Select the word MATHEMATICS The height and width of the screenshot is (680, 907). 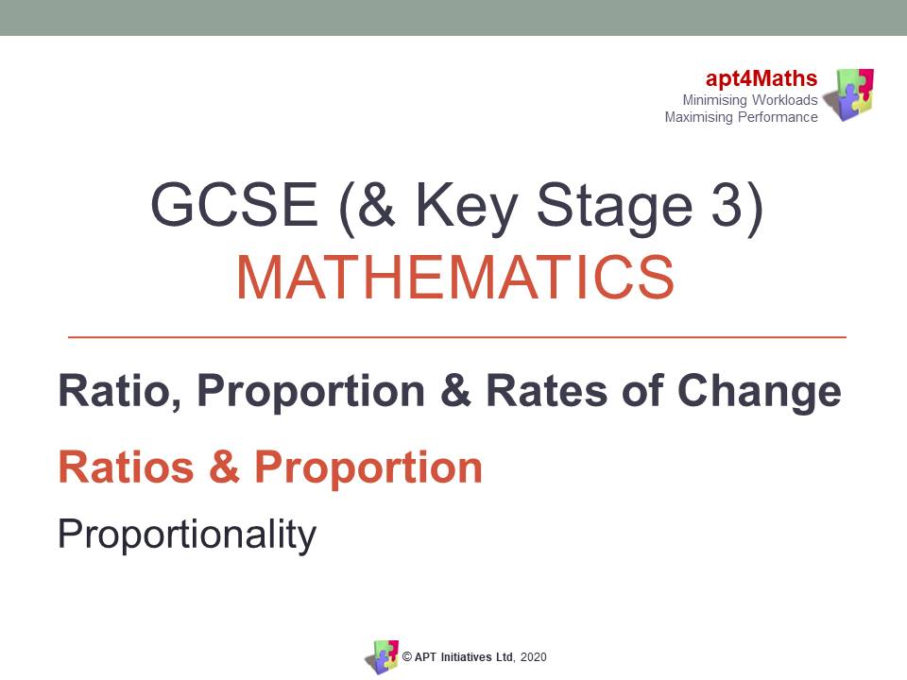click(454, 277)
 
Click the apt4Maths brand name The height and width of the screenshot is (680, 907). click(762, 79)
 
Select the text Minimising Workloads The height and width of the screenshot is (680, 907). click(750, 100)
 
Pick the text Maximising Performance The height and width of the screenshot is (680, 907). click(742, 117)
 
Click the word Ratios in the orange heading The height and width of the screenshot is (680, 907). click(127, 467)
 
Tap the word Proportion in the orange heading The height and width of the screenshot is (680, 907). click(368, 467)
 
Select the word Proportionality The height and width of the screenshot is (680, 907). click(186, 535)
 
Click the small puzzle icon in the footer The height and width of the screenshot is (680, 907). click(382, 656)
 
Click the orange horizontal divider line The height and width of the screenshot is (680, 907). click(457, 336)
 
